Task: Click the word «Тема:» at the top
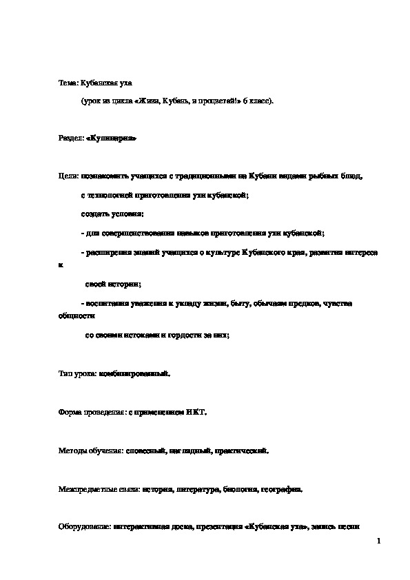68,83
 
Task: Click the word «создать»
94,214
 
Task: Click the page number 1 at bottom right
379,543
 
